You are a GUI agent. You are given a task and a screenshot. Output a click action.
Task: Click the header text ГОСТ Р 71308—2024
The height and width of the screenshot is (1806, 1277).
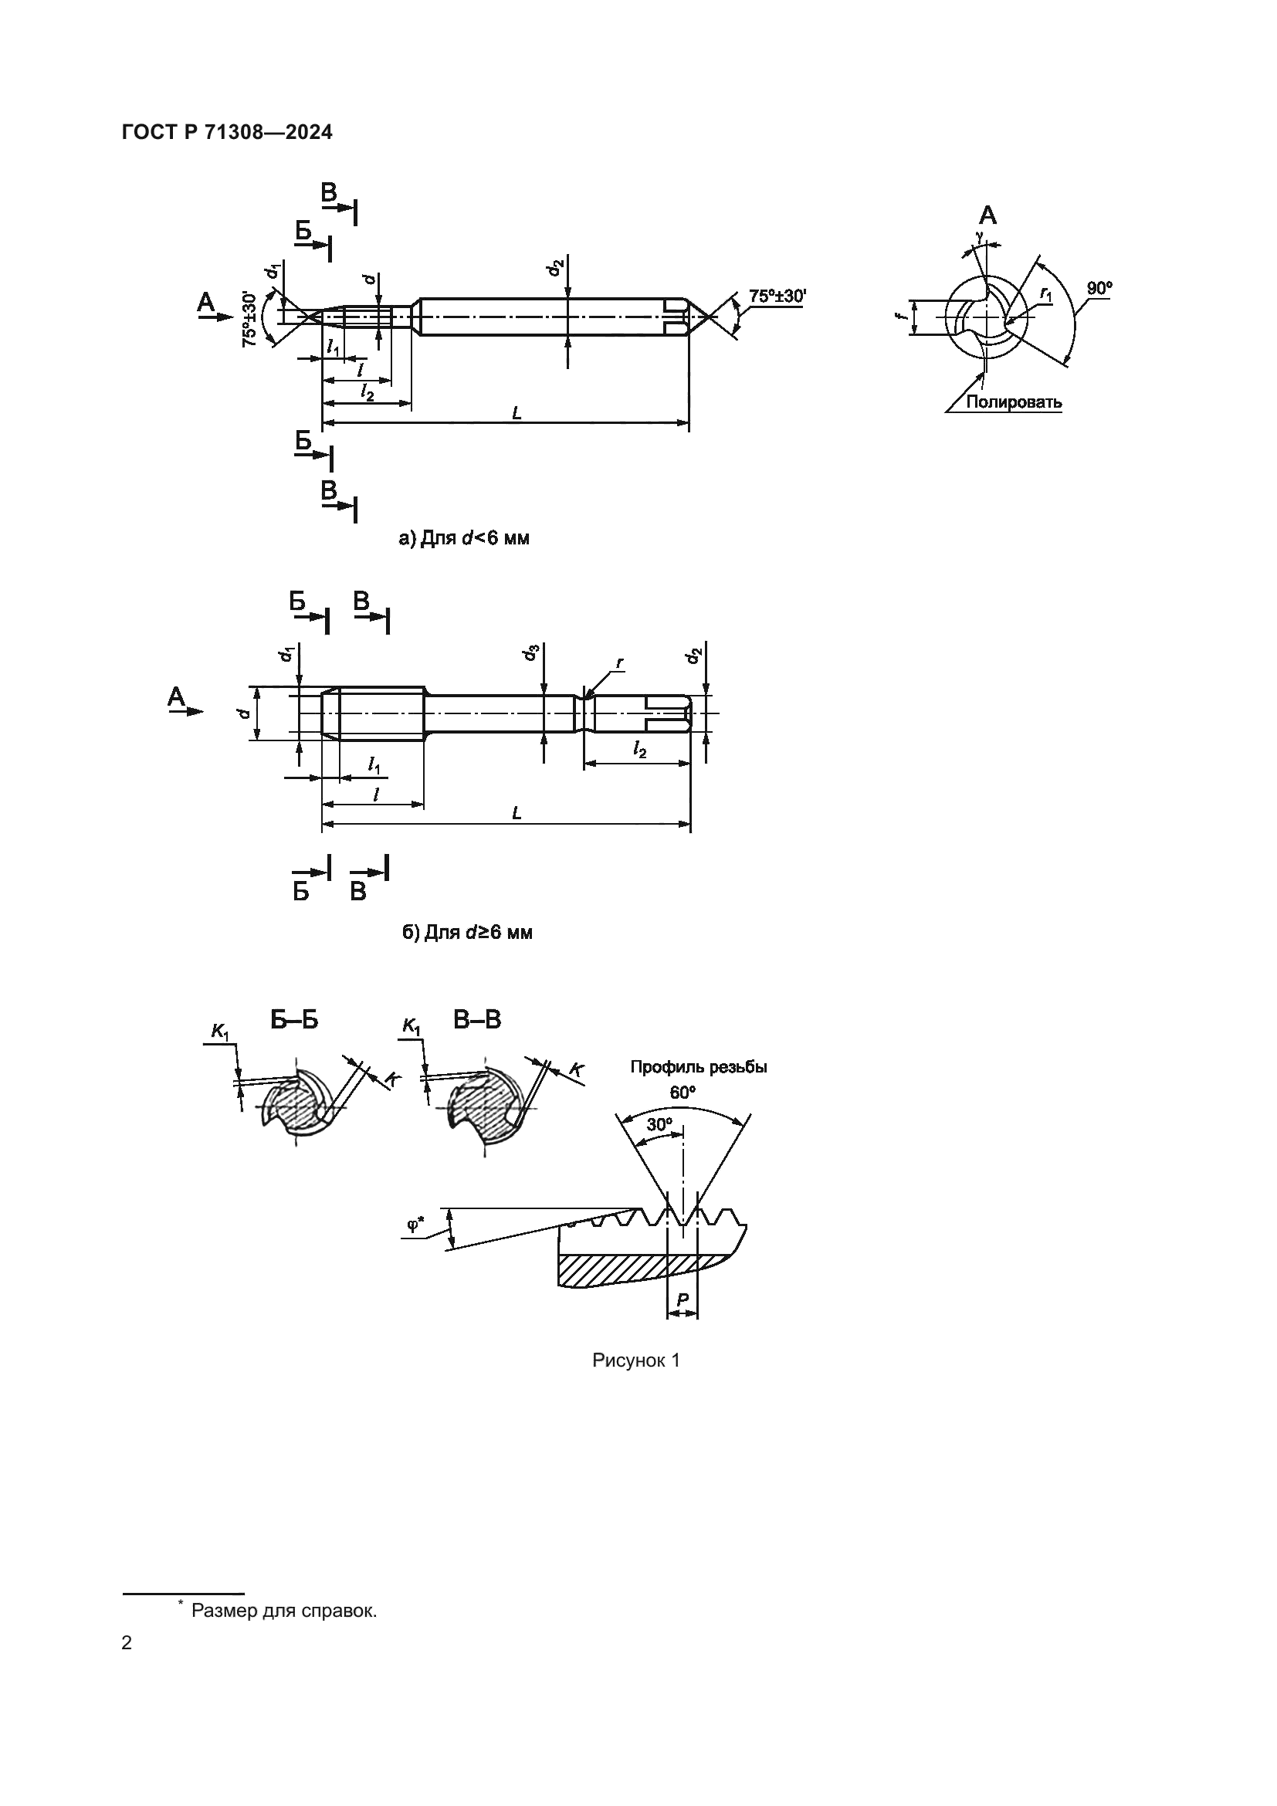227,133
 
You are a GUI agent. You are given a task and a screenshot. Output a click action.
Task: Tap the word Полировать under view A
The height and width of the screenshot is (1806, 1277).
1014,403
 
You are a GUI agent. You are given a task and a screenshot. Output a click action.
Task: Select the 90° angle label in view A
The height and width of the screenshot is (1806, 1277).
1099,289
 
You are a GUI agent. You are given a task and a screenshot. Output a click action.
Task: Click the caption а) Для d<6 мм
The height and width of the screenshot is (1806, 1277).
464,539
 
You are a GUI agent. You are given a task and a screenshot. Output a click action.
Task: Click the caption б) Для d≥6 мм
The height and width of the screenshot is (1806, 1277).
467,933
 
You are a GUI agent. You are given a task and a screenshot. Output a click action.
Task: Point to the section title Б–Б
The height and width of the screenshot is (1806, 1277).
294,1020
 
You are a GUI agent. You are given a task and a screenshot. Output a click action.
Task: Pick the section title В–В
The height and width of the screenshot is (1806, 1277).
476,1020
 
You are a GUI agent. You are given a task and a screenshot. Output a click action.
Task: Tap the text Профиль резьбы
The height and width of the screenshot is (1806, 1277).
698,1067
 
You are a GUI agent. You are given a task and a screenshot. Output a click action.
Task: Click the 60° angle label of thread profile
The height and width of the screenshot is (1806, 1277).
683,1093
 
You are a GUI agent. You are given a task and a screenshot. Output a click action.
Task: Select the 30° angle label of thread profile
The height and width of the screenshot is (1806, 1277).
659,1125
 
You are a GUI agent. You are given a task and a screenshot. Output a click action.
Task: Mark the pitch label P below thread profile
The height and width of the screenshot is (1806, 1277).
682,1301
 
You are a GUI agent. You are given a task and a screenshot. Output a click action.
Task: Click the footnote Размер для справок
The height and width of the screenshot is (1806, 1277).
284,1611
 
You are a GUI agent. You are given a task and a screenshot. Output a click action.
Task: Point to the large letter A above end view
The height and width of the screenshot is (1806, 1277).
987,215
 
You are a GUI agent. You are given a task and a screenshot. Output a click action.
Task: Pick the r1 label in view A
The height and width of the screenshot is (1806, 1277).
1046,293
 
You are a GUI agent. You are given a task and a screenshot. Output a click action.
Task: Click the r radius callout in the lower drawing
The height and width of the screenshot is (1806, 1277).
619,663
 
